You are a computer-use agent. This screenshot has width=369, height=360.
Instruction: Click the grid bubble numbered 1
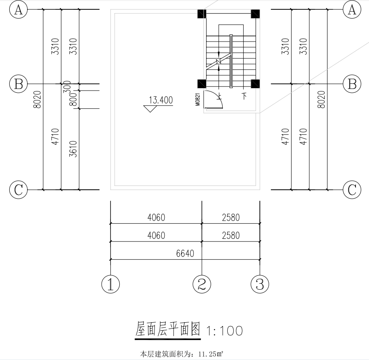point(110,284)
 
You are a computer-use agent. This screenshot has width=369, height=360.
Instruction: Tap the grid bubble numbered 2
point(202,284)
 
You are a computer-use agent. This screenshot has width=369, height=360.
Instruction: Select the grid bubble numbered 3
point(259,284)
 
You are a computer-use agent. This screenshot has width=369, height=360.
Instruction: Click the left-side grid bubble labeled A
point(18,10)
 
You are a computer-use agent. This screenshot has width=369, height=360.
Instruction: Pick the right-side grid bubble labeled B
point(352,84)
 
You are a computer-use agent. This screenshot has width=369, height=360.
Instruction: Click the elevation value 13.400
point(161,100)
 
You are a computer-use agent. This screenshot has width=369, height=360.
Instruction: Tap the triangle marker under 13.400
point(150,109)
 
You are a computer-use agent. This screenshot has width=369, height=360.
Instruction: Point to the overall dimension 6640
point(185,254)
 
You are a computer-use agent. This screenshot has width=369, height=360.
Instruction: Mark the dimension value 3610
point(73,149)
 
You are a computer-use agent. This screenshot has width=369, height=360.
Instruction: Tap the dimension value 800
point(72,100)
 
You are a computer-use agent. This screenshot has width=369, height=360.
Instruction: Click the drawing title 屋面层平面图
point(168,330)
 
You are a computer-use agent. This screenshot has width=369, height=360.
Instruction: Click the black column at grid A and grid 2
point(202,14)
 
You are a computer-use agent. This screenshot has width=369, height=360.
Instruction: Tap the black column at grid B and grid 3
point(255,84)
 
